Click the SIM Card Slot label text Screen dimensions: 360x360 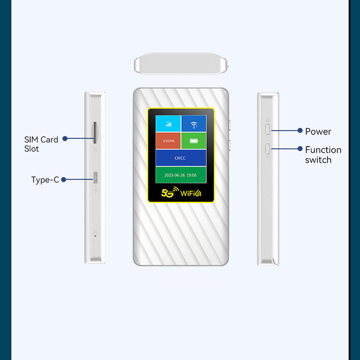(x=41, y=144)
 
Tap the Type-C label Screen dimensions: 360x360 (x=45, y=180)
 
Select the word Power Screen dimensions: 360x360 (x=318, y=131)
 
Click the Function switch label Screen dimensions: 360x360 (x=323, y=154)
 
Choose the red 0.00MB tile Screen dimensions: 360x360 (x=168, y=141)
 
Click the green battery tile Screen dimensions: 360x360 (x=193, y=141)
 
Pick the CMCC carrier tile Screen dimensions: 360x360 (x=180, y=158)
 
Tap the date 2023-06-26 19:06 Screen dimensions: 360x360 (x=180, y=175)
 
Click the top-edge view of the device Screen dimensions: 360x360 (x=180, y=63)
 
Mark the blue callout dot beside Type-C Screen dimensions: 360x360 (x=63, y=180)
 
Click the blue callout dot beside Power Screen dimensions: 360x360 (x=300, y=130)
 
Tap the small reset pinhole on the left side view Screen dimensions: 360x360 (x=95, y=235)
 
